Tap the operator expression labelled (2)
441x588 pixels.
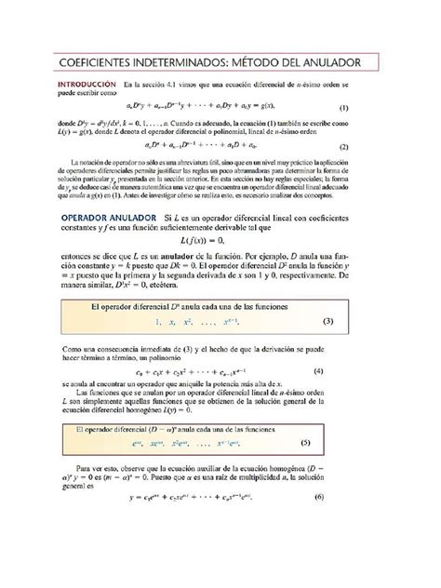click(199, 146)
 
